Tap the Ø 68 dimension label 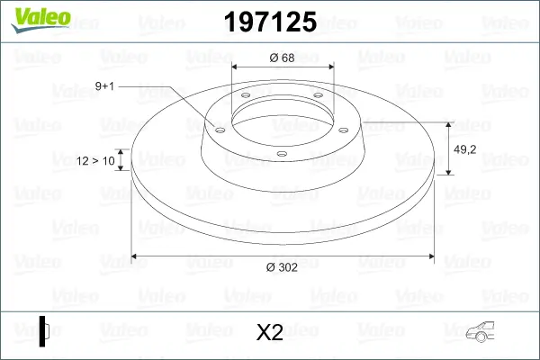282,58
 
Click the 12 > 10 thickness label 96,160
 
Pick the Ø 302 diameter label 282,266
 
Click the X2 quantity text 270,333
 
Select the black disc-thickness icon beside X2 43,332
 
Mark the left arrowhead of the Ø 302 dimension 136,257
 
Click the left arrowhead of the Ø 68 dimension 237,67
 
